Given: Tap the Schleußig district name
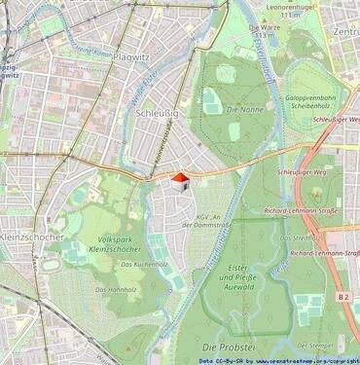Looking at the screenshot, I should pos(154,114).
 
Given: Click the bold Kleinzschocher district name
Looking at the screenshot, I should pos(31,236).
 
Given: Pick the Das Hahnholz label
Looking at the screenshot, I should pos(116,289).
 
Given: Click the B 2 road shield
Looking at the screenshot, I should pos(342,295).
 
